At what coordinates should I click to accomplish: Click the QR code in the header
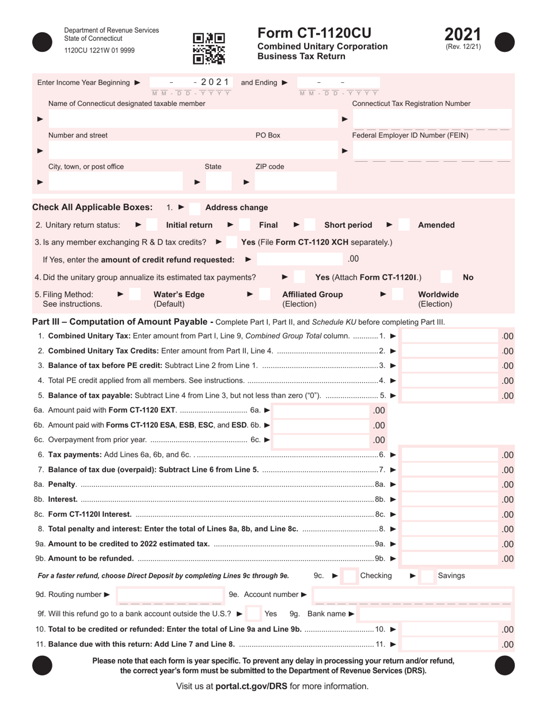208,48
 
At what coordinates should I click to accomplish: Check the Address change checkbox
195,208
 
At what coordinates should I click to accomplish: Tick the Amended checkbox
404,225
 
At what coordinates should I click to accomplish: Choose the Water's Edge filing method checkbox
134,295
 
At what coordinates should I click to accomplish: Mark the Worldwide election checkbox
398,295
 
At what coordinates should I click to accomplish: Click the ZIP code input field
295,182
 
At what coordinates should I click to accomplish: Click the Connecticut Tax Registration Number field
432,119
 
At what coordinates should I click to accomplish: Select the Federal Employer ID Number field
432,151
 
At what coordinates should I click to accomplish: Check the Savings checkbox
427,576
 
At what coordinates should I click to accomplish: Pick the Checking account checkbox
349,576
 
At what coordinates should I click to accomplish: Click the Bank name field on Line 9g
435,614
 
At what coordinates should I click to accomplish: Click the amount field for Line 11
449,645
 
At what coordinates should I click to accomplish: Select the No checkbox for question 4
447,277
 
